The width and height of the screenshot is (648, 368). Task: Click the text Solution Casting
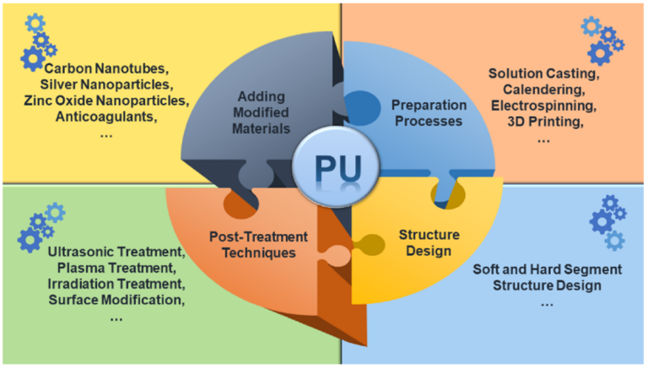[543, 74]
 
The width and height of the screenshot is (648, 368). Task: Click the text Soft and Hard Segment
[546, 268]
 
